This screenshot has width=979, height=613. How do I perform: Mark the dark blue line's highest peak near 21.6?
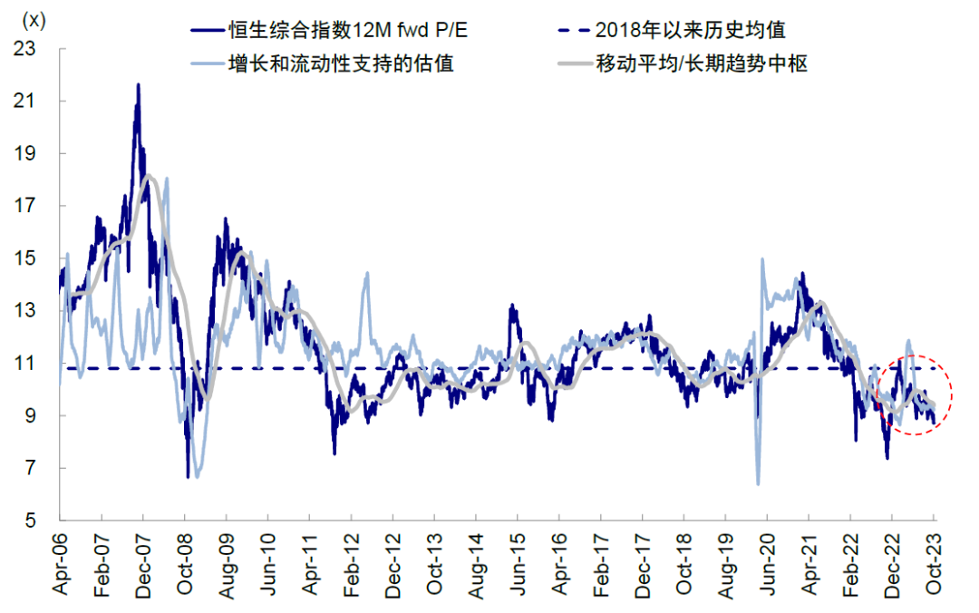pyautogui.click(x=138, y=84)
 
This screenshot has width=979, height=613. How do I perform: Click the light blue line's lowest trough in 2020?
pyautogui.click(x=758, y=483)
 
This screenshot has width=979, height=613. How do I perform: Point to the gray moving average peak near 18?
pyautogui.click(x=148, y=176)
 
